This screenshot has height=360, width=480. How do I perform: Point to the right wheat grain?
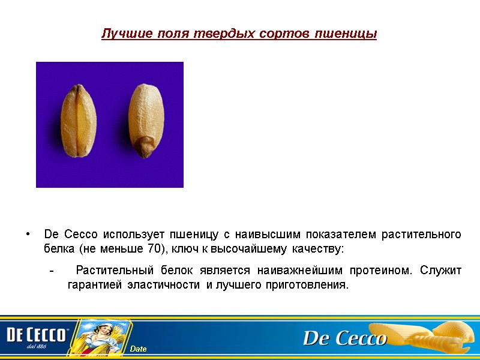[x=146, y=120]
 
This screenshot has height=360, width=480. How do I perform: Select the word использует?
[x=130, y=234]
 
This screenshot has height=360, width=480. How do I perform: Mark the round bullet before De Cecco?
[x=27, y=234]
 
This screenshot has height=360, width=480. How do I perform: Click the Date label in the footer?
[x=139, y=349]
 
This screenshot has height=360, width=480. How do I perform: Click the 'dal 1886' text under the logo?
[x=37, y=346]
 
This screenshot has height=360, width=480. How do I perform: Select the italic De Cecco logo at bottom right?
[x=344, y=339]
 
